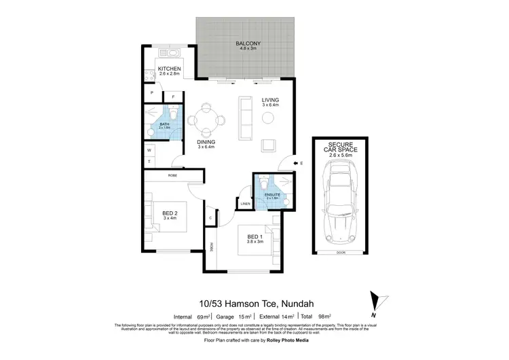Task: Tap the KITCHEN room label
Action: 168,69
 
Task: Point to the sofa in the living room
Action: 244,115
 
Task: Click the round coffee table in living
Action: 269,118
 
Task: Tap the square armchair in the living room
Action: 269,145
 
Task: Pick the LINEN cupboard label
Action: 245,203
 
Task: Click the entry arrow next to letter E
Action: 293,163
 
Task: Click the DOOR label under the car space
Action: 341,253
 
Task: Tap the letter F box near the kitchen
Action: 174,96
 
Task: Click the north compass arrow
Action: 375,302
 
